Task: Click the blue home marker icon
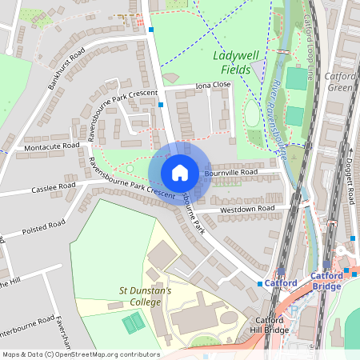click(x=180, y=173)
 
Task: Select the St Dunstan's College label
click(x=145, y=297)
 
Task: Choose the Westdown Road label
click(x=247, y=209)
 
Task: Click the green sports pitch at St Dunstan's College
click(x=133, y=323)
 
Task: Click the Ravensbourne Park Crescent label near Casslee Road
click(x=131, y=178)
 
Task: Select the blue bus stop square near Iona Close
click(x=161, y=104)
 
